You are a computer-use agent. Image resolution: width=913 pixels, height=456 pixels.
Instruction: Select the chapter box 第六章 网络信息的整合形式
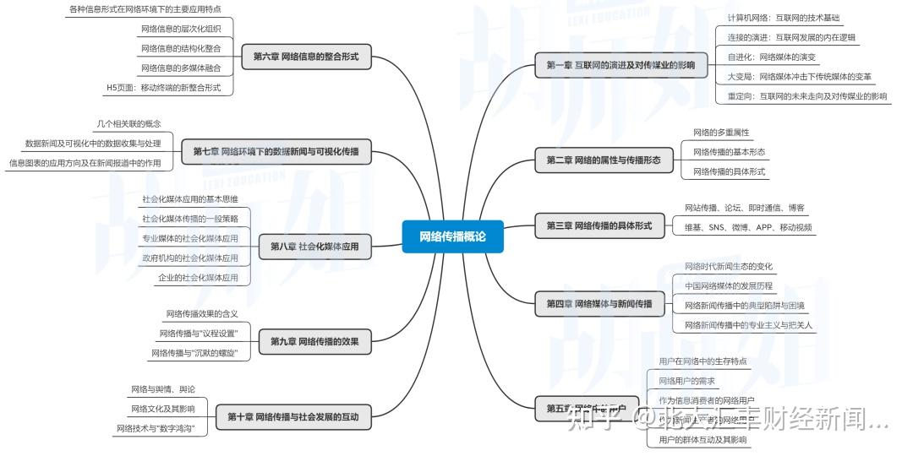pos(305,57)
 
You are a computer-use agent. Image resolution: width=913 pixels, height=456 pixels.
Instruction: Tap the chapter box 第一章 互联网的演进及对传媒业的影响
pos(621,65)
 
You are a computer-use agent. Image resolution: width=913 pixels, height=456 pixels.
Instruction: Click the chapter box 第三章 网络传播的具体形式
pos(599,225)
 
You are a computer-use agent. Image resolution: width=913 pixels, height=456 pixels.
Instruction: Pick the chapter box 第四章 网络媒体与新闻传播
pos(599,303)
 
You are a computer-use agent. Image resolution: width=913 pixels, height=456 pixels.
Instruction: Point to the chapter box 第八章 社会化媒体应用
pos(314,247)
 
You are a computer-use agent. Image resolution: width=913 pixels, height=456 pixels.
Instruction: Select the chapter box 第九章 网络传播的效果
pos(314,341)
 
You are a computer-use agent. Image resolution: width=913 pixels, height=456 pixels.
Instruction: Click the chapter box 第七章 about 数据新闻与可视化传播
pos(276,152)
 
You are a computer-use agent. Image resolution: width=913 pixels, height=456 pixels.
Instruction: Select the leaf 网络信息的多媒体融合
pos(181,68)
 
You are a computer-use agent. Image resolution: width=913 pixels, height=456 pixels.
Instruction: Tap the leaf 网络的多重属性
pos(721,133)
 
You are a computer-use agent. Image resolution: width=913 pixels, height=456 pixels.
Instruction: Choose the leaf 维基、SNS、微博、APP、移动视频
pos(748,227)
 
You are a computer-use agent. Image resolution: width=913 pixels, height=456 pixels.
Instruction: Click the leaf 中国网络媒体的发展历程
pos(728,285)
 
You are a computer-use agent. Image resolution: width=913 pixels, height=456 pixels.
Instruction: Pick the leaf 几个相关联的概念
pos(128,124)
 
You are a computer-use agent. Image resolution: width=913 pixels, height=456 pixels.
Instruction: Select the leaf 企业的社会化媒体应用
pos(198,277)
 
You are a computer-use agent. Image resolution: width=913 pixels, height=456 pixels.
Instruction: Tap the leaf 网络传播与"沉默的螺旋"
pos(194,353)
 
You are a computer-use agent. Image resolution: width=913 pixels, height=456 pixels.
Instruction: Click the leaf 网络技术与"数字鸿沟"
pos(161,429)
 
